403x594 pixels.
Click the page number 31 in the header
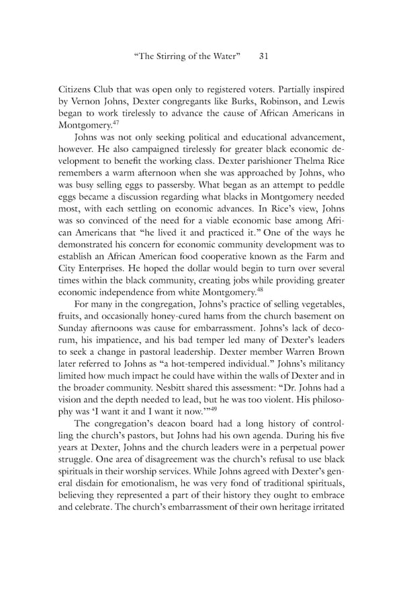point(263,57)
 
